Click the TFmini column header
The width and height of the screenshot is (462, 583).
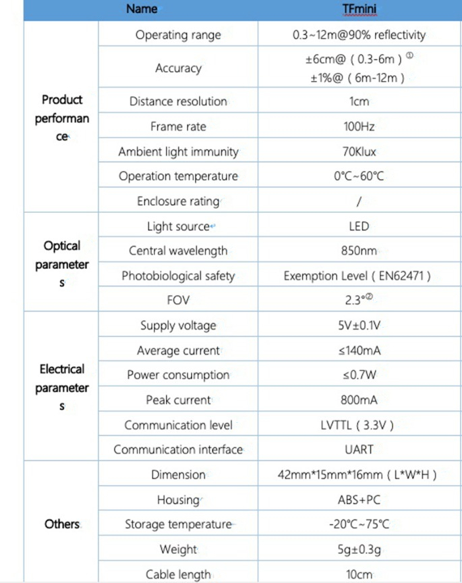[359, 9]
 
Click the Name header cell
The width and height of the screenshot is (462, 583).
[142, 9]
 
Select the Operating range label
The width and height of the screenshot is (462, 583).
[178, 35]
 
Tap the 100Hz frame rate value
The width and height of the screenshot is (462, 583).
[359, 126]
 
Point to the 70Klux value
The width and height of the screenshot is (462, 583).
[359, 151]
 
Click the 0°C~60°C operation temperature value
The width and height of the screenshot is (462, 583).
[359, 176]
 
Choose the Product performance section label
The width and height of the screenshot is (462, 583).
[62, 118]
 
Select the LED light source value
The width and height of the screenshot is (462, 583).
[359, 226]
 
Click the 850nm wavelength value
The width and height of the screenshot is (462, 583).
[359, 251]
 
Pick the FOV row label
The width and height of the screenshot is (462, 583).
[178, 300]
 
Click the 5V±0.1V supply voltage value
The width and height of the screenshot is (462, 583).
[359, 326]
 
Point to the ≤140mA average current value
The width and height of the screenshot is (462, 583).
[359, 351]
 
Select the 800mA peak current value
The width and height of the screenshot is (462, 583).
[359, 400]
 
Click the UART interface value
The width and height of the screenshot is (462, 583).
[359, 449]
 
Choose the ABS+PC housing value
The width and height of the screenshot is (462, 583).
[359, 500]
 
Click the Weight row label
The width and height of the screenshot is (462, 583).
[178, 549]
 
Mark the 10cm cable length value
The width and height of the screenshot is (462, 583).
[359, 574]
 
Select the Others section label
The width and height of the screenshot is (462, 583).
[62, 524]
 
